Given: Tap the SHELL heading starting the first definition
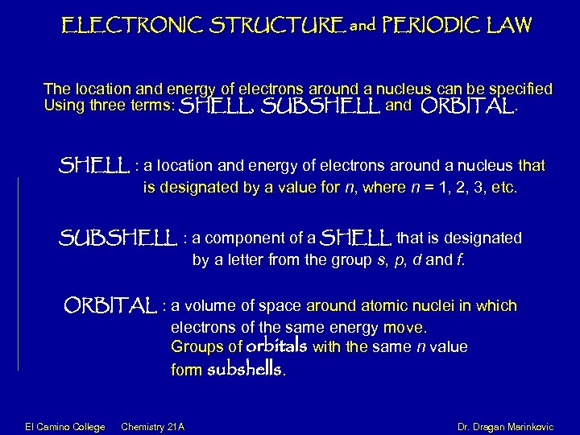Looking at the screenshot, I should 94,167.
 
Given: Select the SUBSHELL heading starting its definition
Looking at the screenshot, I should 118,239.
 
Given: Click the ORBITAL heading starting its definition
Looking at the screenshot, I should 110,307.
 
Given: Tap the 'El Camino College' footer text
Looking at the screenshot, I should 53,425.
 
